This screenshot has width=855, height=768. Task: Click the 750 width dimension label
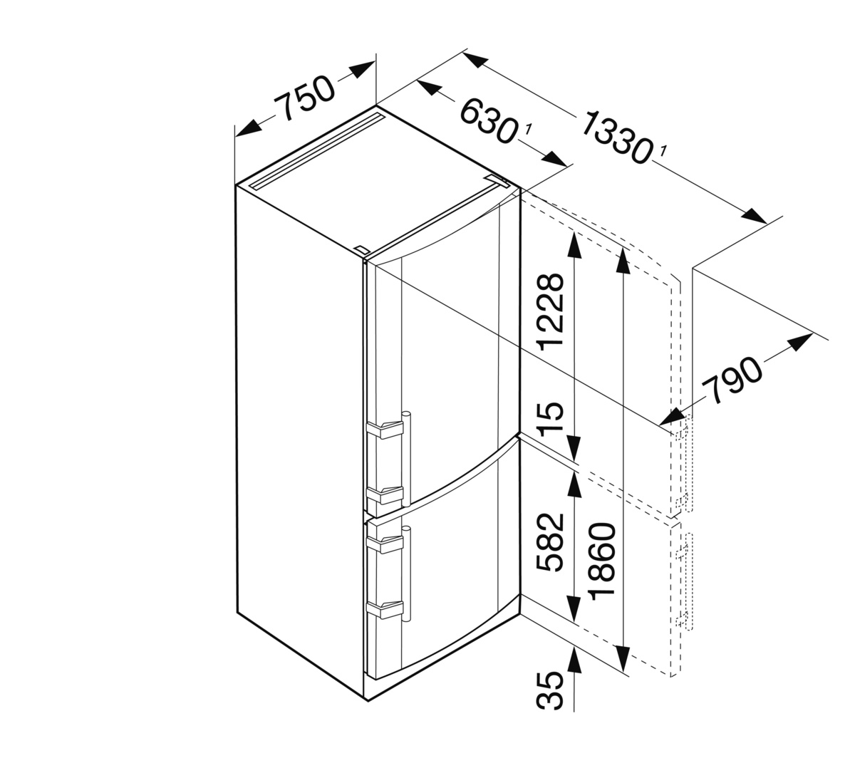point(304,98)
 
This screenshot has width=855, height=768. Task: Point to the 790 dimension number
point(732,380)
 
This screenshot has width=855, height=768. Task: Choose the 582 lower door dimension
point(550,542)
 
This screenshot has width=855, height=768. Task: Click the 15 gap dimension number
point(550,417)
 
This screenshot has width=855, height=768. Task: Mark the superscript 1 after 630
point(527,129)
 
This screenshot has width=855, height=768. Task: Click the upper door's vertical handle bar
point(406,459)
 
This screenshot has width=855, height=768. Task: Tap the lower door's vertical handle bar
point(406,574)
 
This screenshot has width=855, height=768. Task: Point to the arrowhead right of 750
point(362,70)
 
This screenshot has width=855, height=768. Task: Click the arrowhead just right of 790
point(800,343)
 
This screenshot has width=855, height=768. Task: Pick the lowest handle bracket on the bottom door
point(385,610)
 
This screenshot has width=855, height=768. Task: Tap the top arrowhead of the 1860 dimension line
point(623,261)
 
